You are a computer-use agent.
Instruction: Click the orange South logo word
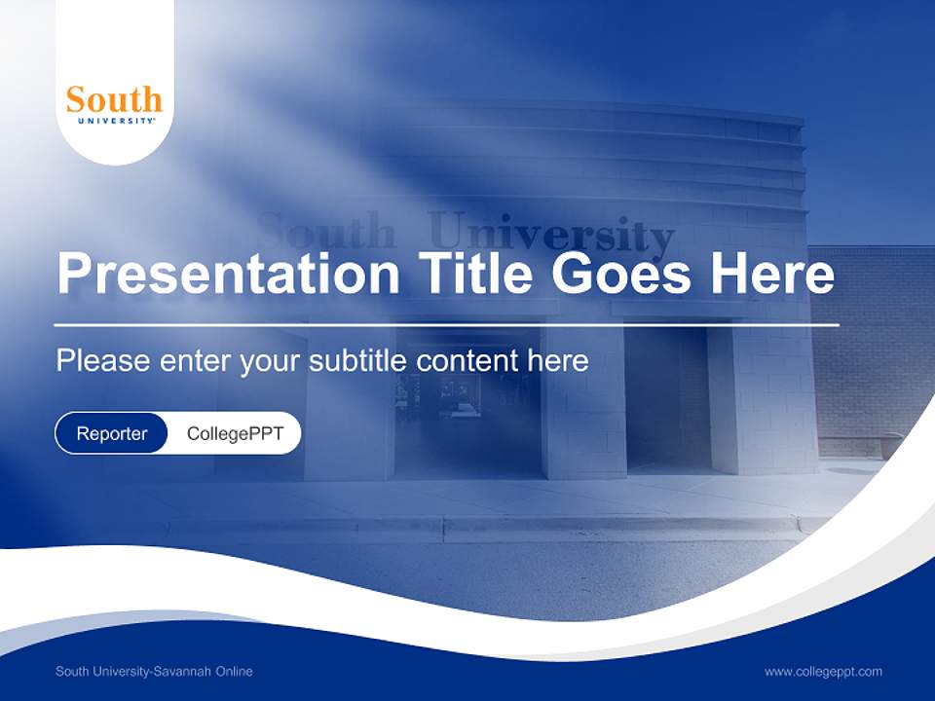pos(114,98)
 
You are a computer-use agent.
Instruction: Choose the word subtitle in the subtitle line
pos(359,360)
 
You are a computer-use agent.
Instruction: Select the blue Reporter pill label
pos(112,433)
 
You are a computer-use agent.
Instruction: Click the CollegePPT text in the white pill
pos(235,433)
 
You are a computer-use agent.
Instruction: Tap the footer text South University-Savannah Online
pos(154,672)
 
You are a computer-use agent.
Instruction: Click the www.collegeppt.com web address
pos(823,672)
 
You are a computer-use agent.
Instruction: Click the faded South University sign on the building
pos(466,234)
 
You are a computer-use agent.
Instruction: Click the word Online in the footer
pos(235,672)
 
